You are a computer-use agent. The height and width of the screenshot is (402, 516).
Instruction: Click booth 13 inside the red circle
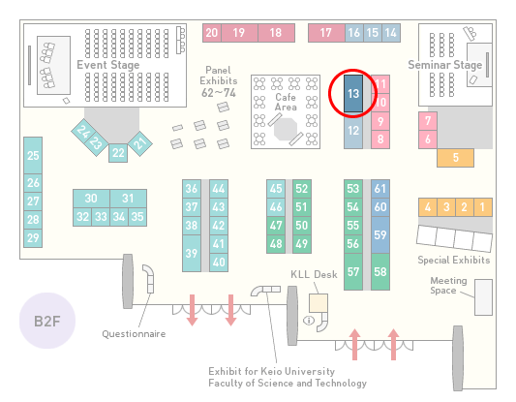(x=353, y=94)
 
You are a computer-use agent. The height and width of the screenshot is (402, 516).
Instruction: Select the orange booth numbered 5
(x=455, y=158)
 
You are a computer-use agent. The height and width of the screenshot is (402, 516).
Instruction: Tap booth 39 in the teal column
(x=192, y=253)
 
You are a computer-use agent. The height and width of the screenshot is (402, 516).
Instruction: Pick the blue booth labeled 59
(x=380, y=234)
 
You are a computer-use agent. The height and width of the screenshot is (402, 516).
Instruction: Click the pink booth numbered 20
(x=212, y=33)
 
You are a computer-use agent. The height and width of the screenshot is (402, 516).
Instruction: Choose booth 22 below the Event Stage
(x=118, y=153)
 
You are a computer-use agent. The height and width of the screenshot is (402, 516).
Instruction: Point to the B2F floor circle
(x=47, y=321)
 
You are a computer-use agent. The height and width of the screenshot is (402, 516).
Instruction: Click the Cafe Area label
(x=286, y=102)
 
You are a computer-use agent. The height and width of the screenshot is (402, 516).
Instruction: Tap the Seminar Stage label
(x=445, y=65)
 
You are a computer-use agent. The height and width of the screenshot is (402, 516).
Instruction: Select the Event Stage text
(x=107, y=65)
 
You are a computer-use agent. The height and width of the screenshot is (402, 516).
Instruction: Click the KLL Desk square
(x=319, y=303)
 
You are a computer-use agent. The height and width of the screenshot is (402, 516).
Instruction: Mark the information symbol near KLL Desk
(x=309, y=320)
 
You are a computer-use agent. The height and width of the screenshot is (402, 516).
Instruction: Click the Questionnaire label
(x=134, y=334)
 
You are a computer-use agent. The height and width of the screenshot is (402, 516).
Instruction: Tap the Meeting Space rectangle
(x=483, y=297)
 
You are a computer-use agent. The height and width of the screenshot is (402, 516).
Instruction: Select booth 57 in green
(x=353, y=271)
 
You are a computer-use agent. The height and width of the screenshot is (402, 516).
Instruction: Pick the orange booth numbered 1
(x=483, y=207)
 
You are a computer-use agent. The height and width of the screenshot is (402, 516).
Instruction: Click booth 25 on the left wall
(x=33, y=155)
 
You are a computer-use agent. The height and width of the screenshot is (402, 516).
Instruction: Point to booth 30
(x=91, y=199)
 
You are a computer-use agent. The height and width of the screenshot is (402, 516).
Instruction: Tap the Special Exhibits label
(x=454, y=261)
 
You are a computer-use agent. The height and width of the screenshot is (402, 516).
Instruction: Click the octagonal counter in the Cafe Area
(x=286, y=130)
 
